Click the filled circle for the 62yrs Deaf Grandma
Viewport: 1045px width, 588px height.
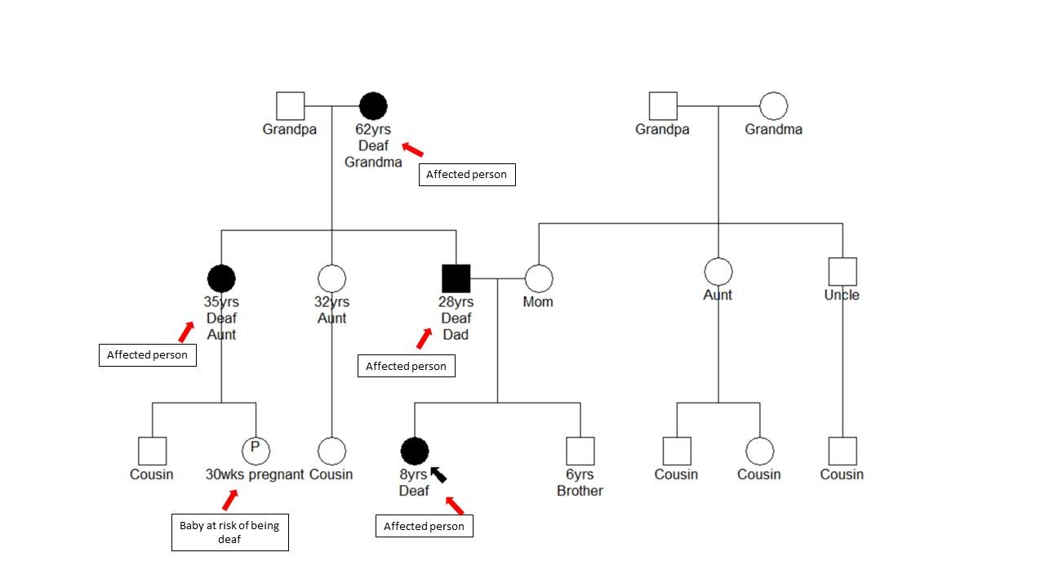pyautogui.click(x=373, y=106)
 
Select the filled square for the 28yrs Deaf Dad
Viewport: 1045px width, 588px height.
pyautogui.click(x=456, y=278)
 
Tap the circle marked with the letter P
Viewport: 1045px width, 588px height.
pyautogui.click(x=256, y=450)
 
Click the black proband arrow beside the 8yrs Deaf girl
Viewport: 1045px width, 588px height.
pyautogui.click(x=438, y=474)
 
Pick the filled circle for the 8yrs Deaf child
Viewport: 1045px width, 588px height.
pyautogui.click(x=415, y=451)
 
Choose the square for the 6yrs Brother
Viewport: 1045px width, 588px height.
pyautogui.click(x=580, y=451)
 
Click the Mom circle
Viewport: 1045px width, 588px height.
pyautogui.click(x=539, y=278)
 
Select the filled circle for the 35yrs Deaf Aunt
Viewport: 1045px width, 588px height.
pyautogui.click(x=221, y=278)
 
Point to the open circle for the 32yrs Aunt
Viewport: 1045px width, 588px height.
pyautogui.click(x=331, y=278)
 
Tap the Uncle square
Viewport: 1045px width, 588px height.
pyautogui.click(x=842, y=272)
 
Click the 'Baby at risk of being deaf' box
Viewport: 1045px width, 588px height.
pyautogui.click(x=229, y=532)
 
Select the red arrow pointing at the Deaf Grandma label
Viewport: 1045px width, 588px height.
pyautogui.click(x=414, y=150)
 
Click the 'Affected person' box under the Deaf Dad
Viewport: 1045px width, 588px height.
pyautogui.click(x=406, y=366)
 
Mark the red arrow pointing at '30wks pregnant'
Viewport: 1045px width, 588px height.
pyautogui.click(x=230, y=500)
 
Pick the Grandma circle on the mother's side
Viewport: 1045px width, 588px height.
pyautogui.click(x=773, y=106)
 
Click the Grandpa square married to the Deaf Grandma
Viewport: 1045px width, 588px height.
pyautogui.click(x=290, y=106)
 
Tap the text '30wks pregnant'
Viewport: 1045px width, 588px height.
pyautogui.click(x=255, y=474)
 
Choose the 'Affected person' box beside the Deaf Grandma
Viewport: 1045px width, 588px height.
pyautogui.click(x=466, y=175)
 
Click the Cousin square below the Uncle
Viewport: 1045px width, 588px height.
pyautogui.click(x=842, y=451)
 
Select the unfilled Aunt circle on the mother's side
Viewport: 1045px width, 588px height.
pyautogui.click(x=718, y=272)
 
